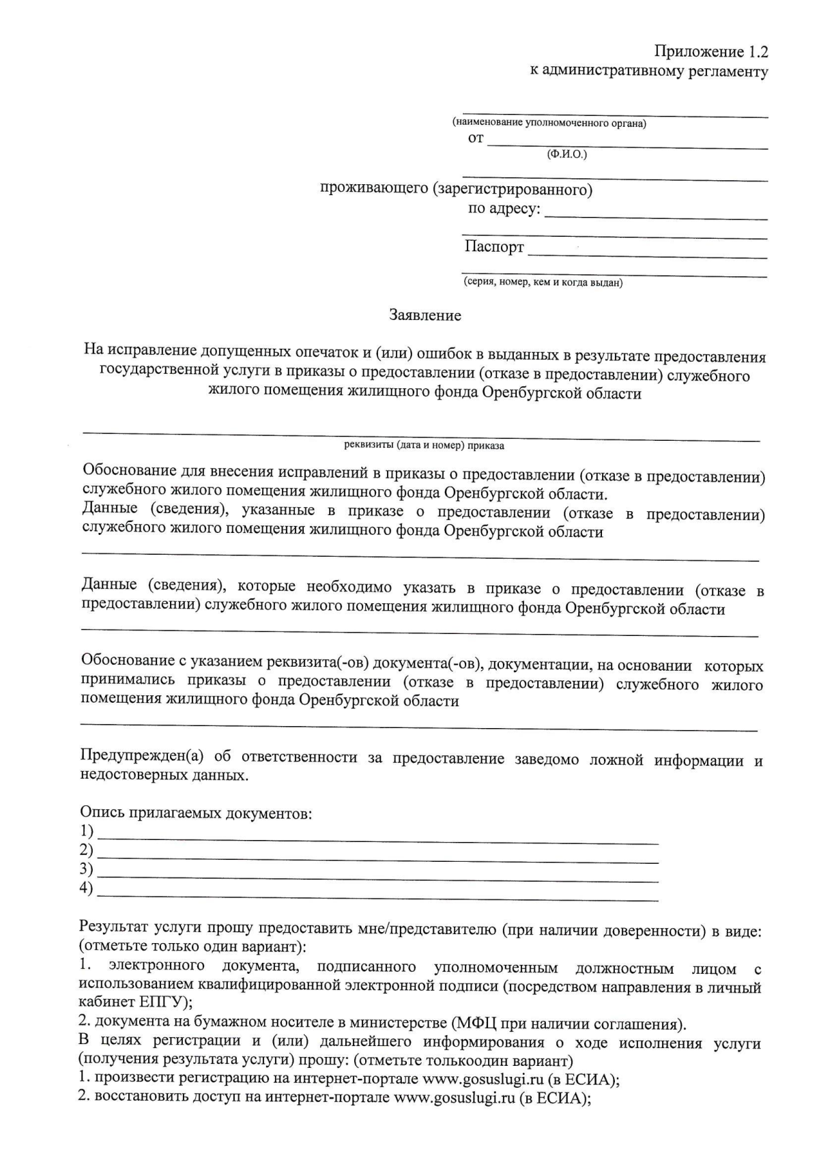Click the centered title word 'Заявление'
(425, 315)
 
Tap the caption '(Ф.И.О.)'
(566, 155)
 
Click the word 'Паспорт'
(494, 246)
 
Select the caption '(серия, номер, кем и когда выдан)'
(543, 283)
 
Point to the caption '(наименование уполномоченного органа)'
(549, 124)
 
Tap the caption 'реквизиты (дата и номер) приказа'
(424, 446)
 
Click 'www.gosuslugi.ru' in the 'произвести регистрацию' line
(483, 1080)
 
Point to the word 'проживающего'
(374, 189)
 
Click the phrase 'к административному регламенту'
(649, 71)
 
